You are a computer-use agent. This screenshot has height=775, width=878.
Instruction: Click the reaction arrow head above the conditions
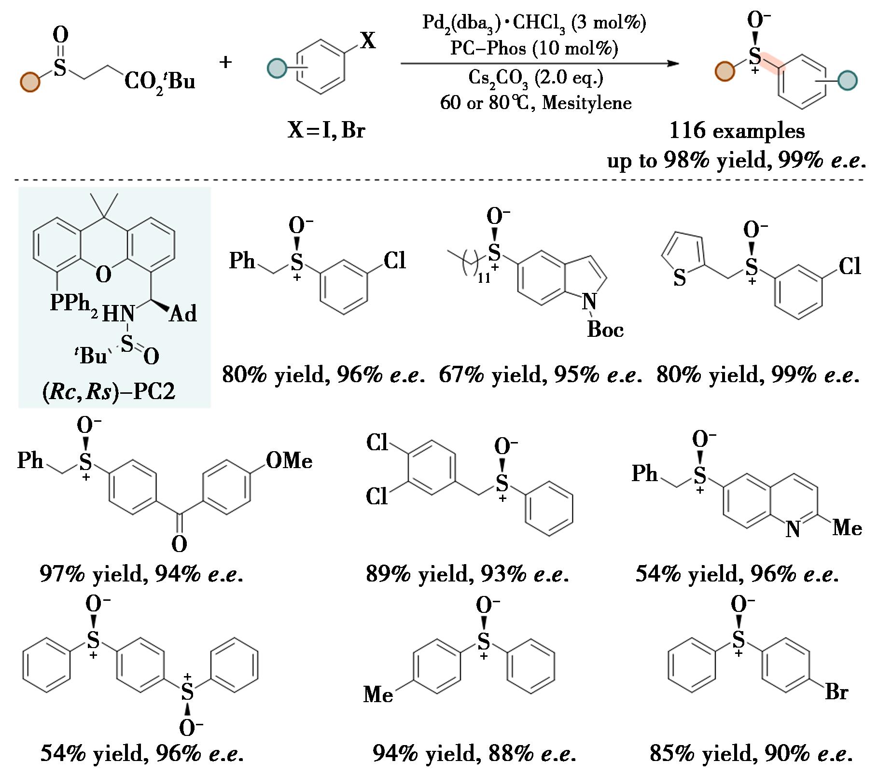coord(673,63)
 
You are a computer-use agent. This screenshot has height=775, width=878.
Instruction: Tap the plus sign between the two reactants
coord(225,62)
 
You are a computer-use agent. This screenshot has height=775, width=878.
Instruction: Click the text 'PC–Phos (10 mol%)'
coord(534,48)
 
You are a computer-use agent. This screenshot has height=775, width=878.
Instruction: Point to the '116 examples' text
coord(737,131)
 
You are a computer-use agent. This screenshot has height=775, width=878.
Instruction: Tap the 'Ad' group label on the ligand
coord(184,314)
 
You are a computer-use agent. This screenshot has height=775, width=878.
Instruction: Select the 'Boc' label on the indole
coord(605,330)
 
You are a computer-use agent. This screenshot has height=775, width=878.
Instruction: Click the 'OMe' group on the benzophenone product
coord(289,461)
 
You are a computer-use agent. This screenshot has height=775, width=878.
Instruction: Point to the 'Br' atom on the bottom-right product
coord(836,692)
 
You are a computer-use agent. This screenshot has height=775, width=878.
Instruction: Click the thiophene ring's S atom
coord(680,278)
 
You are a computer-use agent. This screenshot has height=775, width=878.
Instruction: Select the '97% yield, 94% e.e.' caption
coord(141,574)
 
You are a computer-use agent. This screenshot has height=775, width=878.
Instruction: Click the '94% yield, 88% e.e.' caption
coord(474,753)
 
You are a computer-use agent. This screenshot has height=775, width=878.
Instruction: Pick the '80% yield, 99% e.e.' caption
coord(758,375)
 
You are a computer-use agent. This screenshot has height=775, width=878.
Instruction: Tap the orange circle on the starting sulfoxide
coord(30,82)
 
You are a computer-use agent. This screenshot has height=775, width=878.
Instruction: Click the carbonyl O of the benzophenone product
coord(179,544)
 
